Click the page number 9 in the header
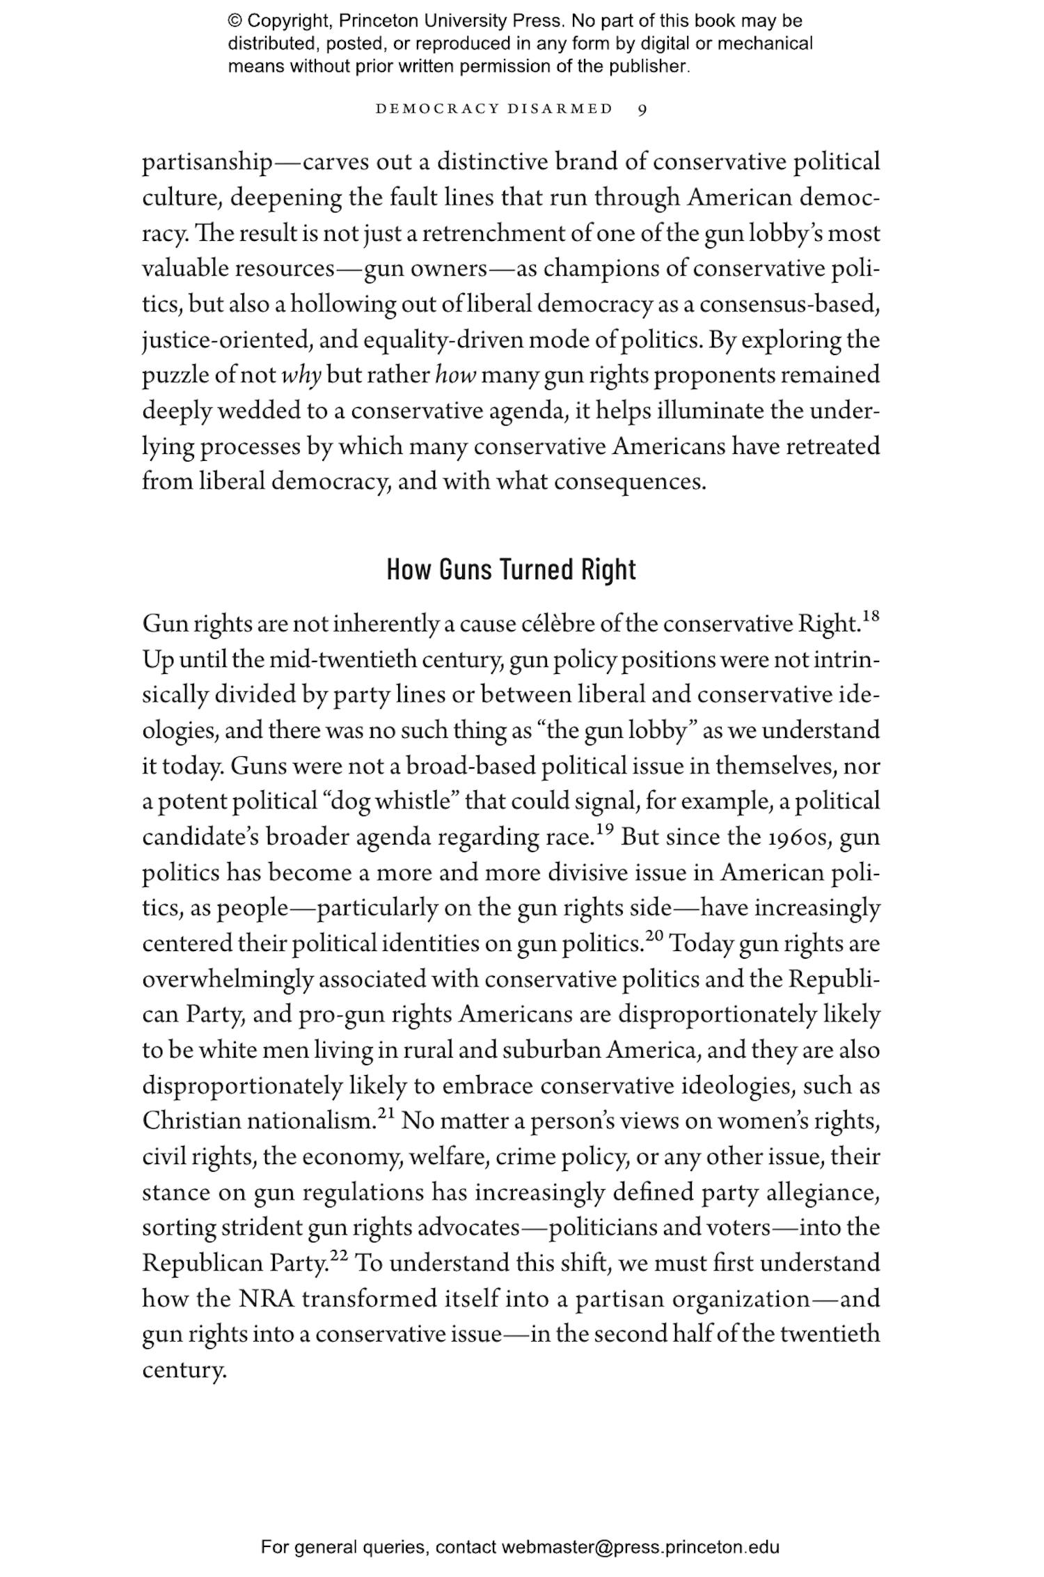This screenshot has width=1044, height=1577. coord(642,109)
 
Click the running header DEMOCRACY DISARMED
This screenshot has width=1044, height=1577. coord(494,109)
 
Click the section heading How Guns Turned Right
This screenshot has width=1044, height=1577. coord(511,570)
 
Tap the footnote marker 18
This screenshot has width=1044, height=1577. coord(871,616)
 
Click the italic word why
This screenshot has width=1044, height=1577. coord(301,376)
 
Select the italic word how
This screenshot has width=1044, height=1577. coord(455,376)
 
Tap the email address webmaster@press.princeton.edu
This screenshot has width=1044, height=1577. coord(640,1547)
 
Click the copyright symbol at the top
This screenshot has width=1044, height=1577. coord(235,21)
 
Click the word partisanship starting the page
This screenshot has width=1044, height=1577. coord(207,163)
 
